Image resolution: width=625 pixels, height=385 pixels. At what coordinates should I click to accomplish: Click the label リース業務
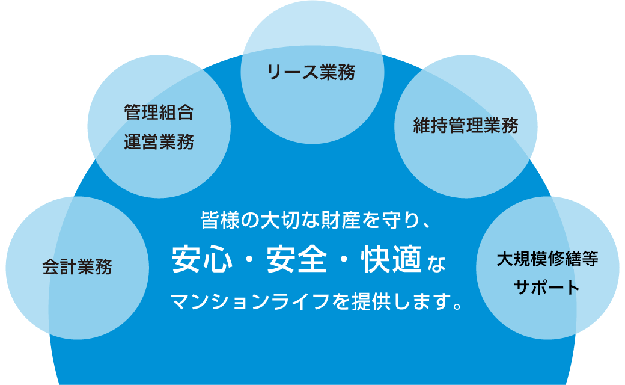311,73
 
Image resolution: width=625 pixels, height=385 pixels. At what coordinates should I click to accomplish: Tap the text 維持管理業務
466,126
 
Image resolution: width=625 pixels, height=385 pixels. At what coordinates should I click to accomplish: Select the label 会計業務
77,266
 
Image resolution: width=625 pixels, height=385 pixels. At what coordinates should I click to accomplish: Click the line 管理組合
159,112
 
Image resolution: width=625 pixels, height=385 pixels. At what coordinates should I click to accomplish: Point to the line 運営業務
159,143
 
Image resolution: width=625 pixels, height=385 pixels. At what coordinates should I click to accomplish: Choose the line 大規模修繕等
547,259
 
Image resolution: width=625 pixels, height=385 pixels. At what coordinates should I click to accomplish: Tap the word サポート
547,288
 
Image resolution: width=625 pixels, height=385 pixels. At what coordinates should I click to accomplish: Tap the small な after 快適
437,263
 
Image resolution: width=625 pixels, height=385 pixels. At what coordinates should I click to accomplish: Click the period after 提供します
458,305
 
